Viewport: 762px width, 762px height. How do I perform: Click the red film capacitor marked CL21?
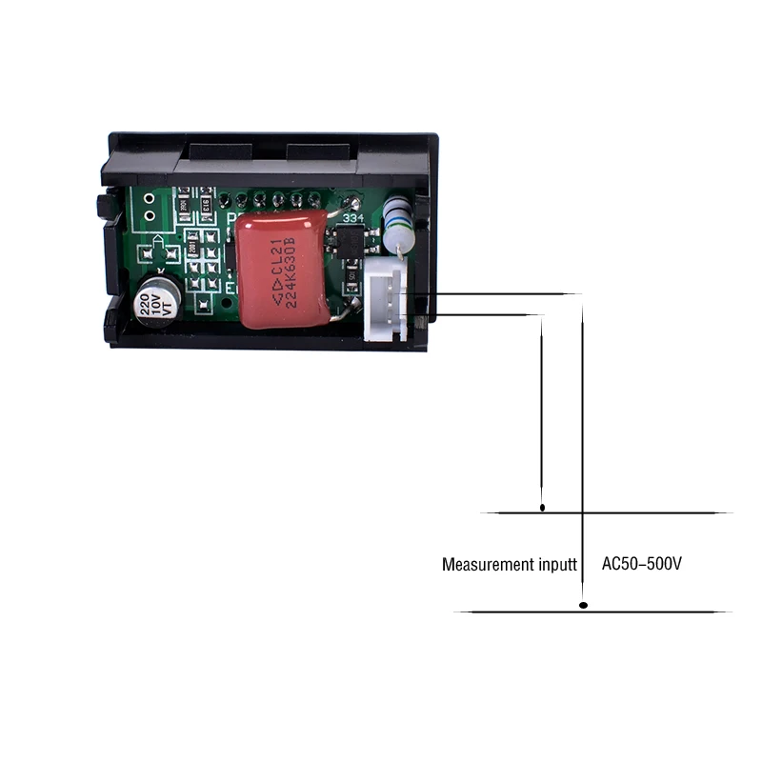(x=281, y=269)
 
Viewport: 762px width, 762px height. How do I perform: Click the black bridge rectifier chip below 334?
(x=350, y=245)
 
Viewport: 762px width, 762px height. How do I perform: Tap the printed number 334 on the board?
(x=352, y=218)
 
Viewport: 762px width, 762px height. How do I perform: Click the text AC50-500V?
(x=642, y=564)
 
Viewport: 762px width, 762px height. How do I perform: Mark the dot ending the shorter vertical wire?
(x=543, y=508)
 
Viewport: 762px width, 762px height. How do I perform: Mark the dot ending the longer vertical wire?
(x=584, y=605)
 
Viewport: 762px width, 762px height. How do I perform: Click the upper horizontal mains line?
(x=610, y=512)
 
